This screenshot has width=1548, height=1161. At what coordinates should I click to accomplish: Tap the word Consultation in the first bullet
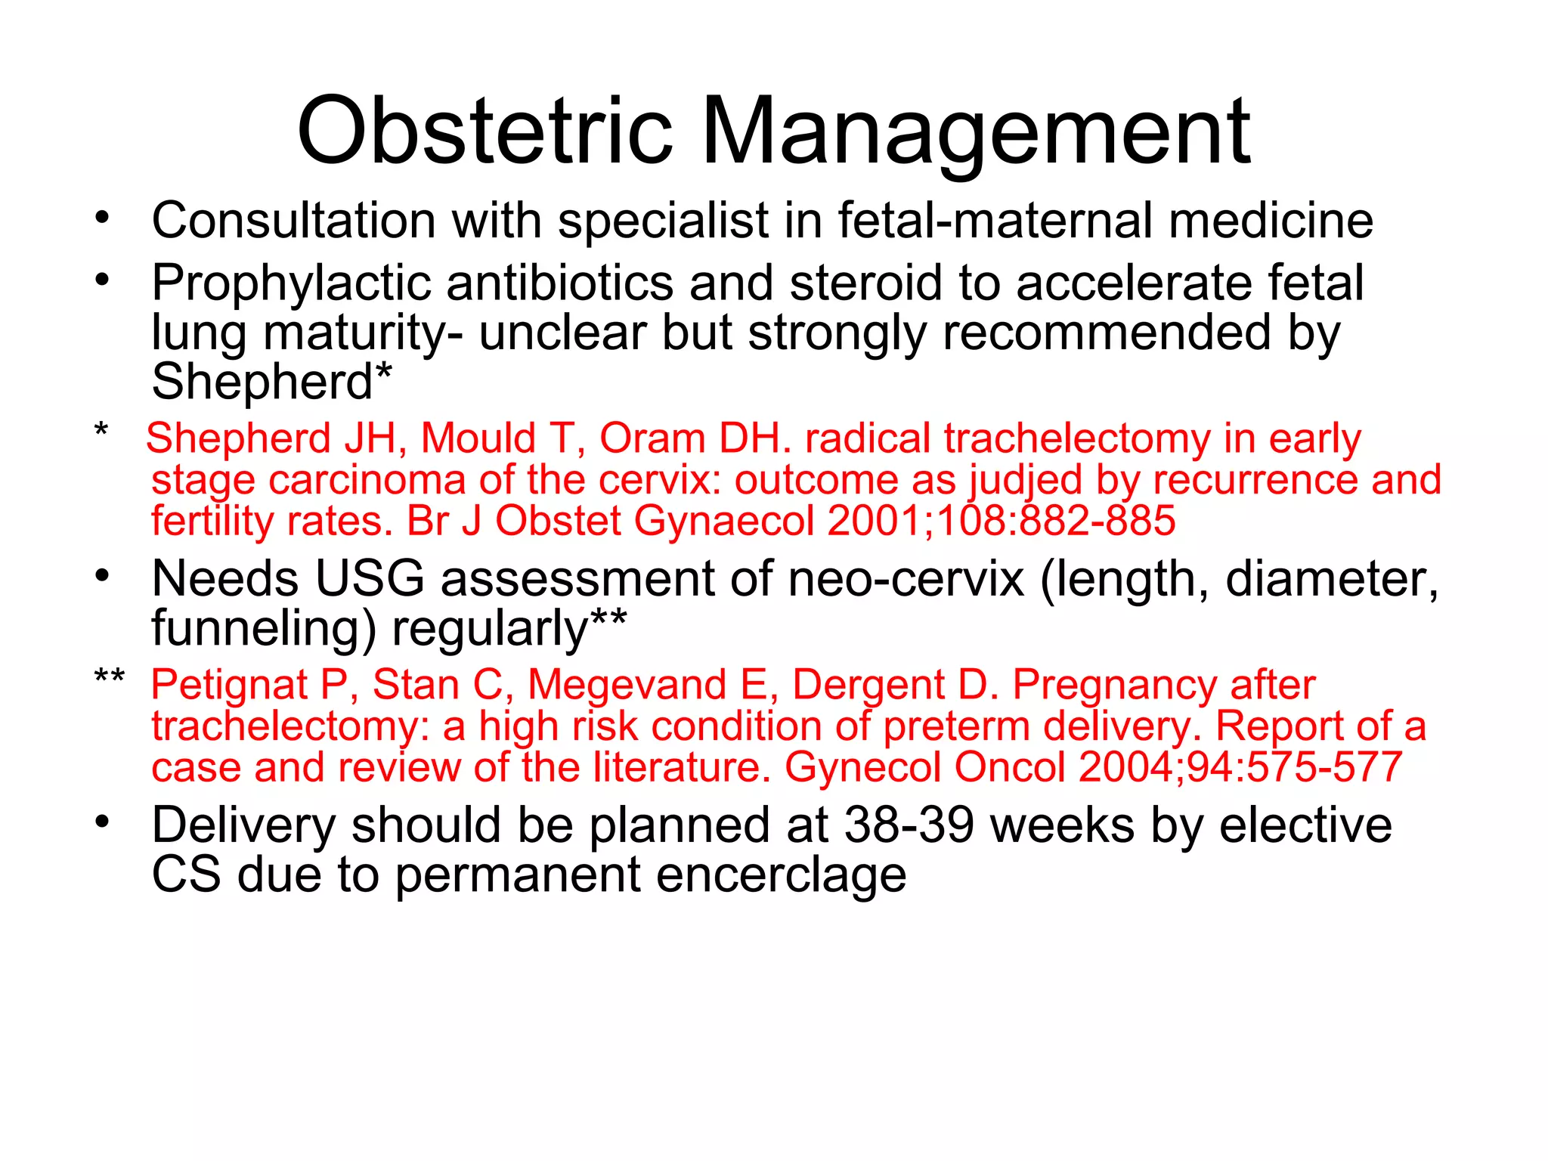294,221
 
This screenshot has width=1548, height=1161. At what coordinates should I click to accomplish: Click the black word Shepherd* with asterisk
272,382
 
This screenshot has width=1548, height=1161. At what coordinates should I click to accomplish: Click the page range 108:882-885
1055,521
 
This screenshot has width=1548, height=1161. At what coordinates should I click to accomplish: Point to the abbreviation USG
370,579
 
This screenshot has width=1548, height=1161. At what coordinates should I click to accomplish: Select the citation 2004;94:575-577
1240,767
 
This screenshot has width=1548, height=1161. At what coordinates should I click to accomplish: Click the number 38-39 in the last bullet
909,825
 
